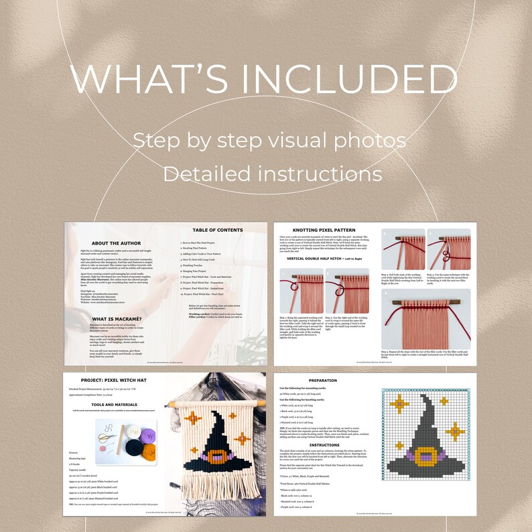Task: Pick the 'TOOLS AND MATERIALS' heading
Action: pyautogui.click(x=114, y=405)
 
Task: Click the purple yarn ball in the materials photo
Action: pyautogui.click(x=147, y=433)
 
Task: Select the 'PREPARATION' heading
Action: pyautogui.click(x=328, y=380)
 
